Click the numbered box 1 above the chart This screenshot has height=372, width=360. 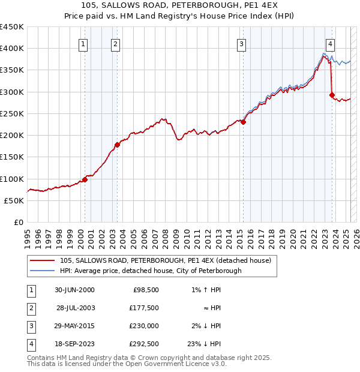(83, 43)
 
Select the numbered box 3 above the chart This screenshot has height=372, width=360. (241, 43)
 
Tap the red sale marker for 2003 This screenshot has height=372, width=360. (117, 145)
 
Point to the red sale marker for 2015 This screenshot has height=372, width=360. (244, 122)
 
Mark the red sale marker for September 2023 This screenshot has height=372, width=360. (332, 95)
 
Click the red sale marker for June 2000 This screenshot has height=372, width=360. (85, 179)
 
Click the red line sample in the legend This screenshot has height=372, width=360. (42, 261)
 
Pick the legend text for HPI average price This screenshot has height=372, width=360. (151, 271)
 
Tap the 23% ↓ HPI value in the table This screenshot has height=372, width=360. (204, 344)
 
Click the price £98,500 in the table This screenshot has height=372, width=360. (145, 290)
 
